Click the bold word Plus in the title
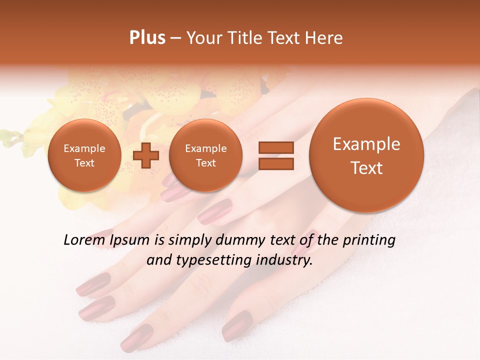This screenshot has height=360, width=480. (x=147, y=38)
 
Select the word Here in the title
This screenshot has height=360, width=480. (x=324, y=38)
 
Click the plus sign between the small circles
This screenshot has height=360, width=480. (x=146, y=155)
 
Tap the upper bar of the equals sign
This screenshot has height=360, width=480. (x=276, y=147)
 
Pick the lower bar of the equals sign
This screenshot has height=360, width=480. (x=276, y=164)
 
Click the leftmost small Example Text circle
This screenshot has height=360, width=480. (x=84, y=155)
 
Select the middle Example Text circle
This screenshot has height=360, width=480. (x=205, y=155)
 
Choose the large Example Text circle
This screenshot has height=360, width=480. (x=366, y=155)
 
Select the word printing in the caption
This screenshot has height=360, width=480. (x=369, y=240)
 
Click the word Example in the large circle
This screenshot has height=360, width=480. (x=366, y=144)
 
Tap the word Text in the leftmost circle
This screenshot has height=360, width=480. (x=84, y=163)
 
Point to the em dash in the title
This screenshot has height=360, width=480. (x=175, y=38)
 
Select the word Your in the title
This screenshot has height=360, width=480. (x=203, y=38)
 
